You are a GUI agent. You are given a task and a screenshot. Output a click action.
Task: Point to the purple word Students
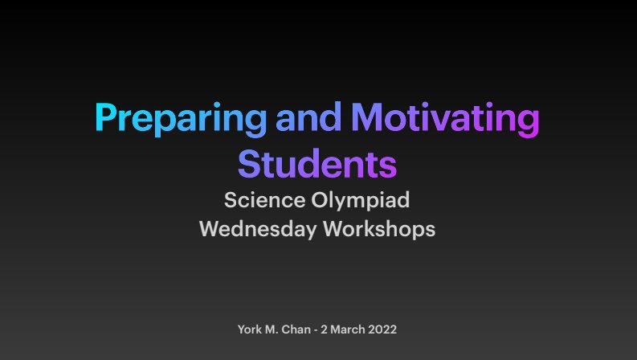(x=317, y=163)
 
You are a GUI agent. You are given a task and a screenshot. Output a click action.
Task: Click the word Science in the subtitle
(x=260, y=199)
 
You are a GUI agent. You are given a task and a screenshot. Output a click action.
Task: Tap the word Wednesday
(x=258, y=229)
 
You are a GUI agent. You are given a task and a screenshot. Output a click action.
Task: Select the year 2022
(x=384, y=329)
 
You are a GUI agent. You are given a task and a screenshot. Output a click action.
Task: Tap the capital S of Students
(x=248, y=163)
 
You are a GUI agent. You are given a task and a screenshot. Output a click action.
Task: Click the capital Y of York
(x=242, y=329)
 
